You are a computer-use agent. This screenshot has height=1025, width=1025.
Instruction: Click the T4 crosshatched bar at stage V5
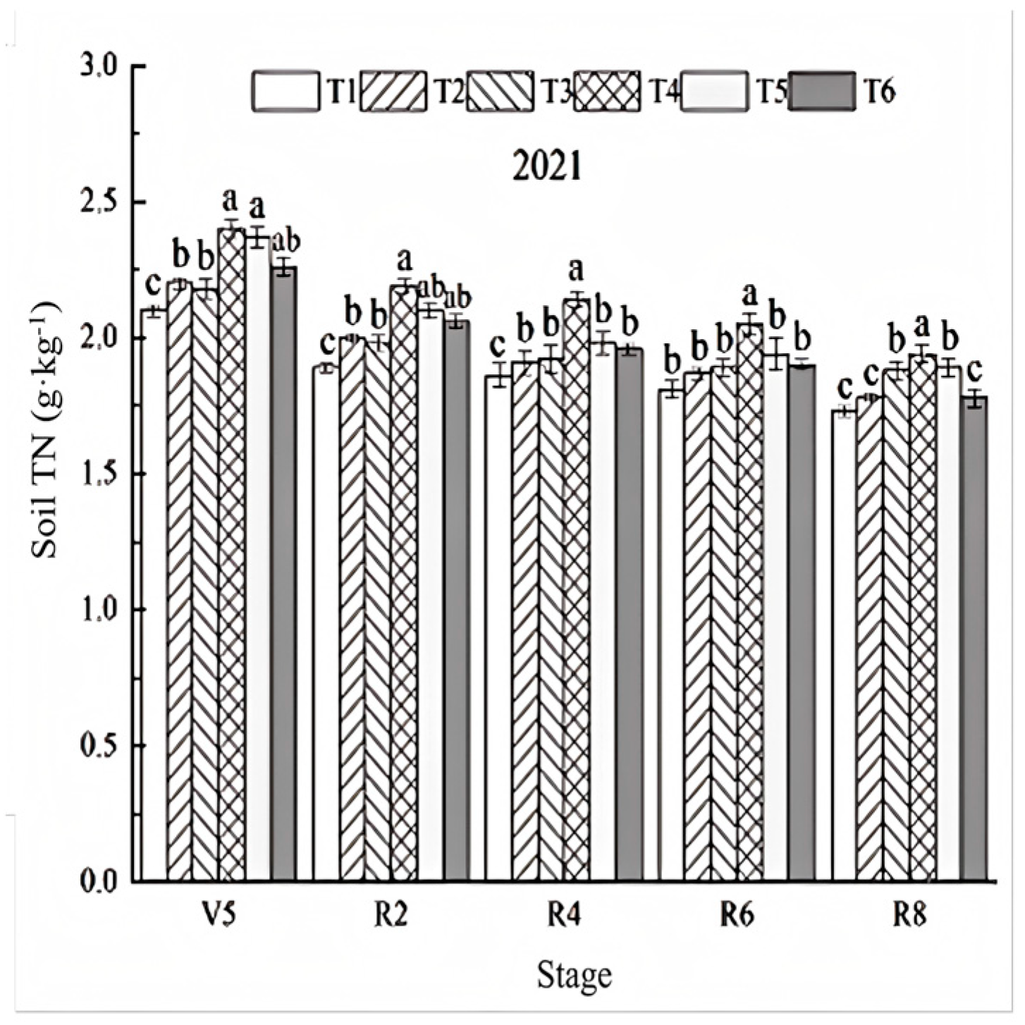[x=231, y=557]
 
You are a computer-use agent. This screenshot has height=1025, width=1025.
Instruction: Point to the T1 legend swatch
[x=285, y=92]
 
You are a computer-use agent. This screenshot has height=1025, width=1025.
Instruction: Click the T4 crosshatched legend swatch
[x=607, y=92]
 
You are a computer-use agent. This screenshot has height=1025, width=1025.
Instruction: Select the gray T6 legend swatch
[x=822, y=92]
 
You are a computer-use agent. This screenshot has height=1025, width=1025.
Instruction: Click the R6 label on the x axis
[x=737, y=917]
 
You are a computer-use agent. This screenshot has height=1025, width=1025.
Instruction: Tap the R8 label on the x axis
[x=909, y=917]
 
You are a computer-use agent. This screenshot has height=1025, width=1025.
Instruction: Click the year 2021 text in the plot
[x=548, y=167]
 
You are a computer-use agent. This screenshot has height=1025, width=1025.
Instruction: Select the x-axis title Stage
[x=574, y=976]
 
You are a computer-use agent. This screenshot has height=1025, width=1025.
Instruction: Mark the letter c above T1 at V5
[x=153, y=286]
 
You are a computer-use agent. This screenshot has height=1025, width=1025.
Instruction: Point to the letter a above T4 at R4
[x=577, y=270]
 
